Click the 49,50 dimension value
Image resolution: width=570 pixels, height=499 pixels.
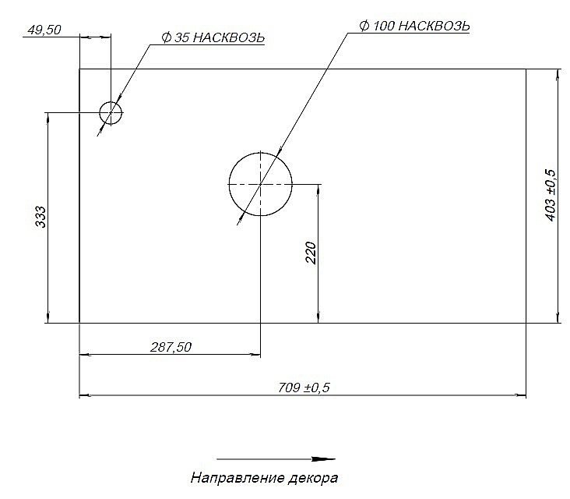(x=44, y=30)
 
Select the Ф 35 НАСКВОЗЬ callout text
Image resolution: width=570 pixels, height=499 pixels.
(x=211, y=37)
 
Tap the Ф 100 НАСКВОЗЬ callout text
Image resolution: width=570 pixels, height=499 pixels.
(x=414, y=25)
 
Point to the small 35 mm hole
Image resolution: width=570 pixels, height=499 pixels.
(x=111, y=113)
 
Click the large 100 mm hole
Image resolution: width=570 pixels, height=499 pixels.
(x=260, y=184)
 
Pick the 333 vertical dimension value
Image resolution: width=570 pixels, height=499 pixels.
(x=41, y=218)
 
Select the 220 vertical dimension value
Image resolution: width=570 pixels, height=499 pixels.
(x=310, y=253)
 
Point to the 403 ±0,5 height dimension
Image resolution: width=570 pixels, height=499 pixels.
(x=551, y=194)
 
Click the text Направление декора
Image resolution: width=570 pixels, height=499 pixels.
(x=265, y=476)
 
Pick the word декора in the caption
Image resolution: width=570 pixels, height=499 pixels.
(x=316, y=476)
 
